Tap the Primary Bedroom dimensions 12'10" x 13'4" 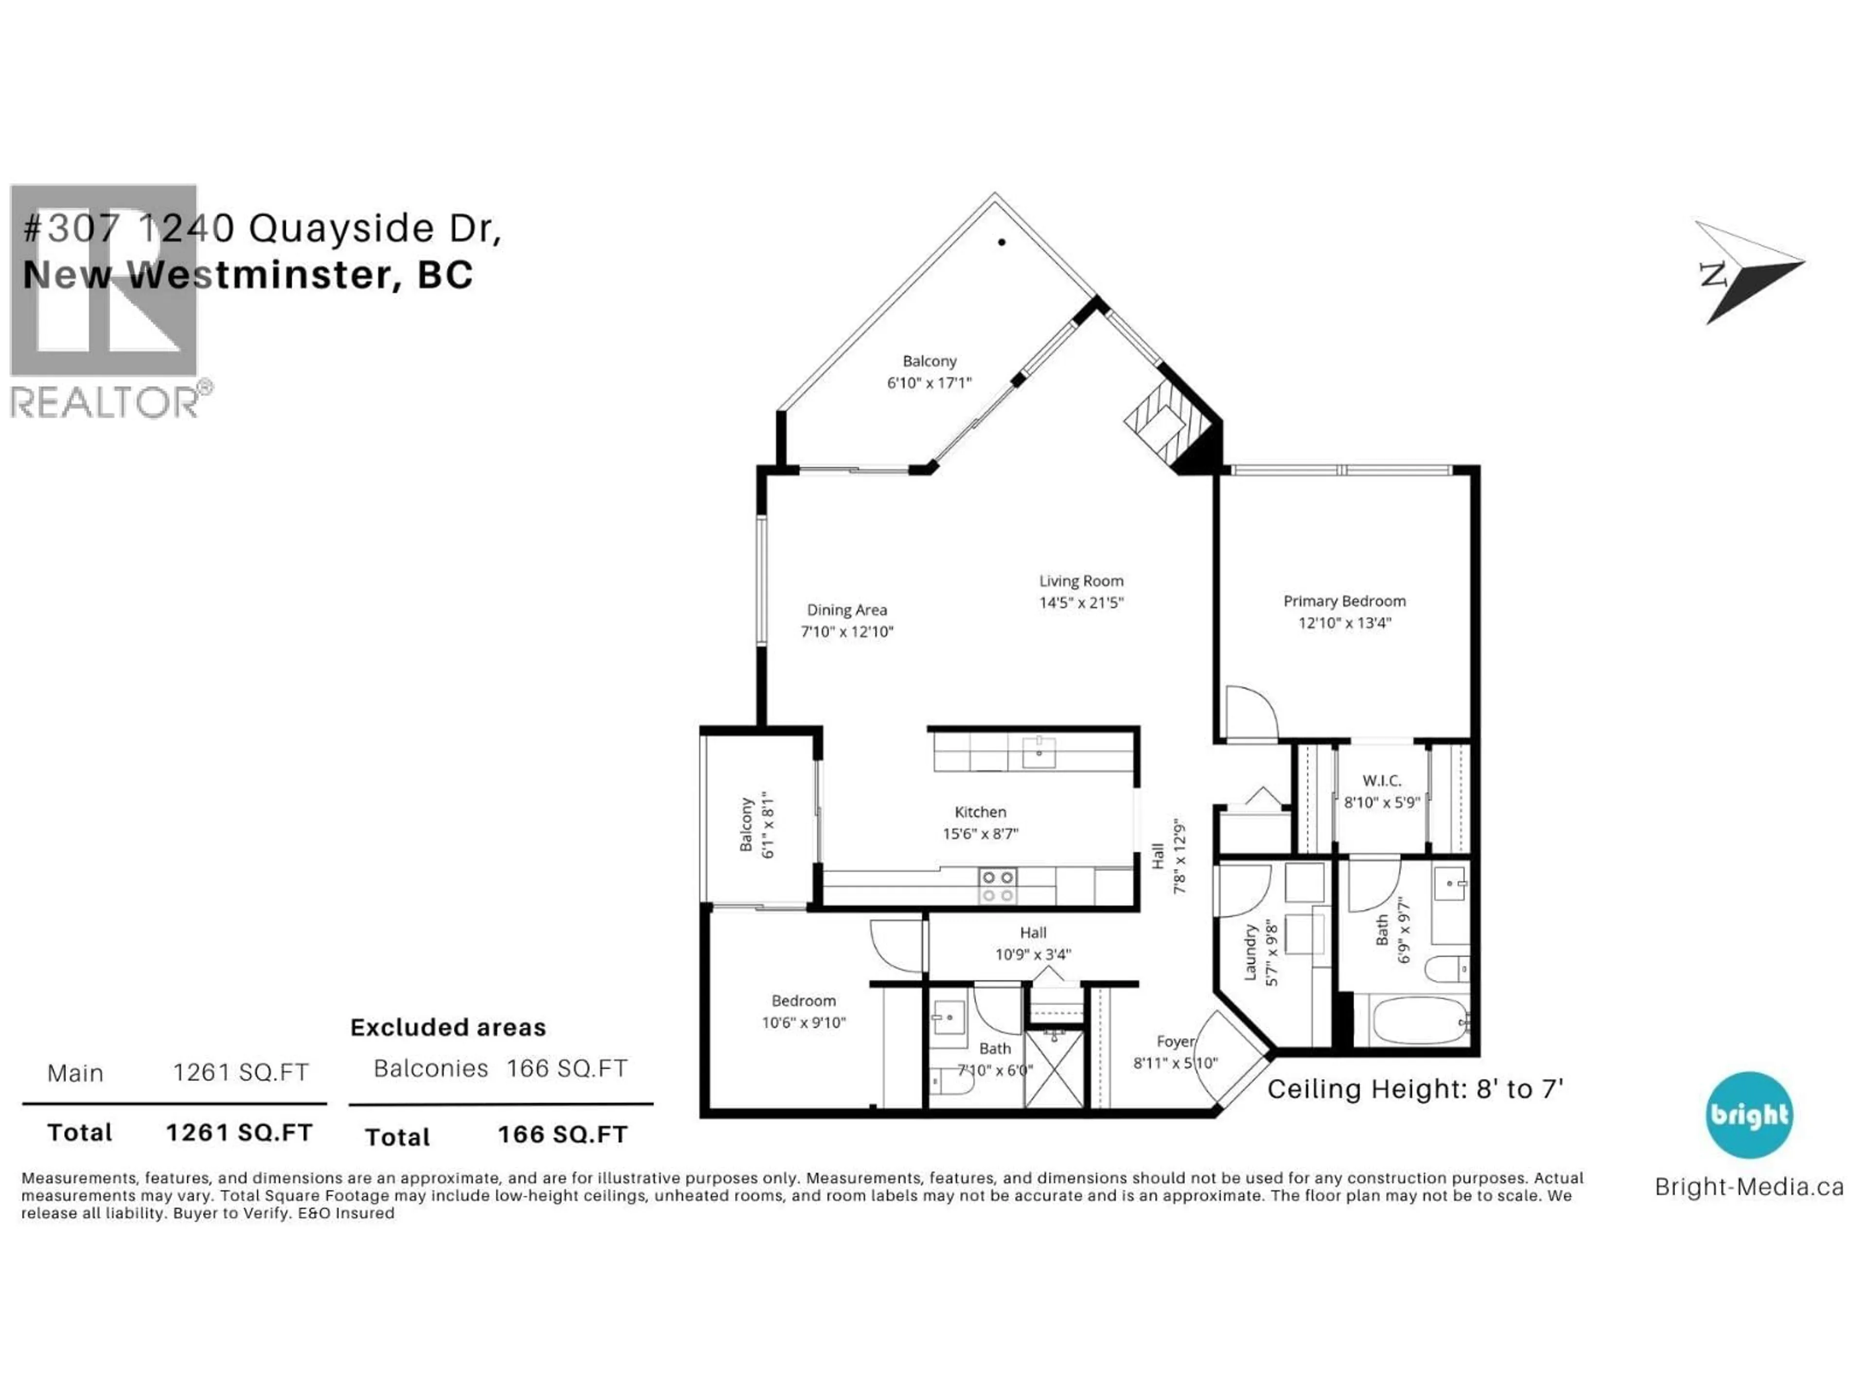[x=1344, y=623]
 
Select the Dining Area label [x=846, y=609]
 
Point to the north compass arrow [x=1749, y=272]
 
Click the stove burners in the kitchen [x=997, y=886]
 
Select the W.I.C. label [x=1381, y=781]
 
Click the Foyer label [x=1175, y=1041]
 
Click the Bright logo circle [x=1749, y=1115]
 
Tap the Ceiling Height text [x=1415, y=1089]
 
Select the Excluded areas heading [x=448, y=1027]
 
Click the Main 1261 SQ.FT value [x=241, y=1072]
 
